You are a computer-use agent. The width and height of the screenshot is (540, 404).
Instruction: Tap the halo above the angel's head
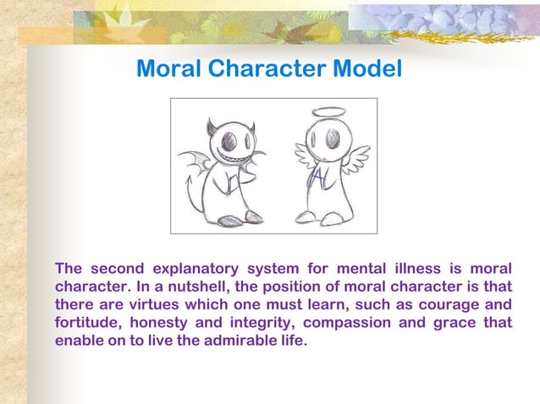point(329,112)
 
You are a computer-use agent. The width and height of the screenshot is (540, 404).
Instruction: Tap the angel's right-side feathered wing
point(356,156)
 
